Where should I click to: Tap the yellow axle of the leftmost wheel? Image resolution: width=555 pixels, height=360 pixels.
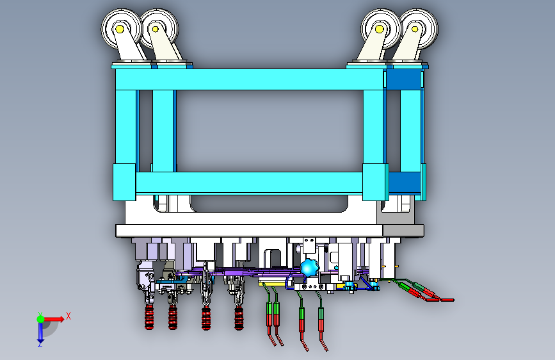coord(120,29)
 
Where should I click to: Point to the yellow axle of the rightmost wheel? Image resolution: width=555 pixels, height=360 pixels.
coord(415,29)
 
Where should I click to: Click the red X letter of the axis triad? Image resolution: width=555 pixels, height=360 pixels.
coord(68,316)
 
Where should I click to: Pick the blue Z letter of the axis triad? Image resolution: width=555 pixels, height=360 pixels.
coord(40,344)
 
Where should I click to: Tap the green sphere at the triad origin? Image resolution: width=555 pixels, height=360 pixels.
coord(41,319)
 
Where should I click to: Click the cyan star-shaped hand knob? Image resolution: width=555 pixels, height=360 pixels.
coord(309,268)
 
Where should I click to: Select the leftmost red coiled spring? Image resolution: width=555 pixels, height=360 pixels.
coord(149,317)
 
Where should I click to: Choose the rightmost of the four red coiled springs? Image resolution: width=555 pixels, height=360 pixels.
coord(239,318)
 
